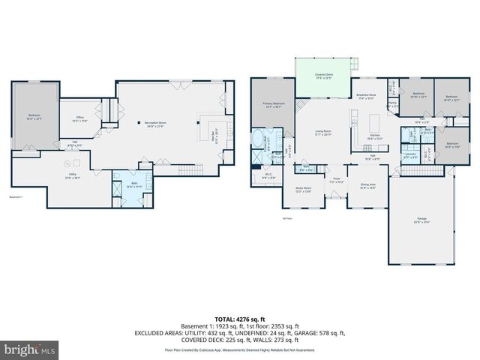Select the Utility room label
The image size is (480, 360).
pyautogui.click(x=73, y=176)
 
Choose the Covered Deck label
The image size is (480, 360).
pyautogui.click(x=324, y=76)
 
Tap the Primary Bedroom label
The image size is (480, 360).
pyautogui.click(x=273, y=105)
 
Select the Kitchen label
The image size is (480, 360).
pyautogui.click(x=376, y=137)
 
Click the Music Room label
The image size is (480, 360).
pyautogui.click(x=303, y=190)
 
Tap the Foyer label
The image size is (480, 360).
pyautogui.click(x=337, y=181)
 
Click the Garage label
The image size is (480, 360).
pyautogui.click(x=421, y=220)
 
